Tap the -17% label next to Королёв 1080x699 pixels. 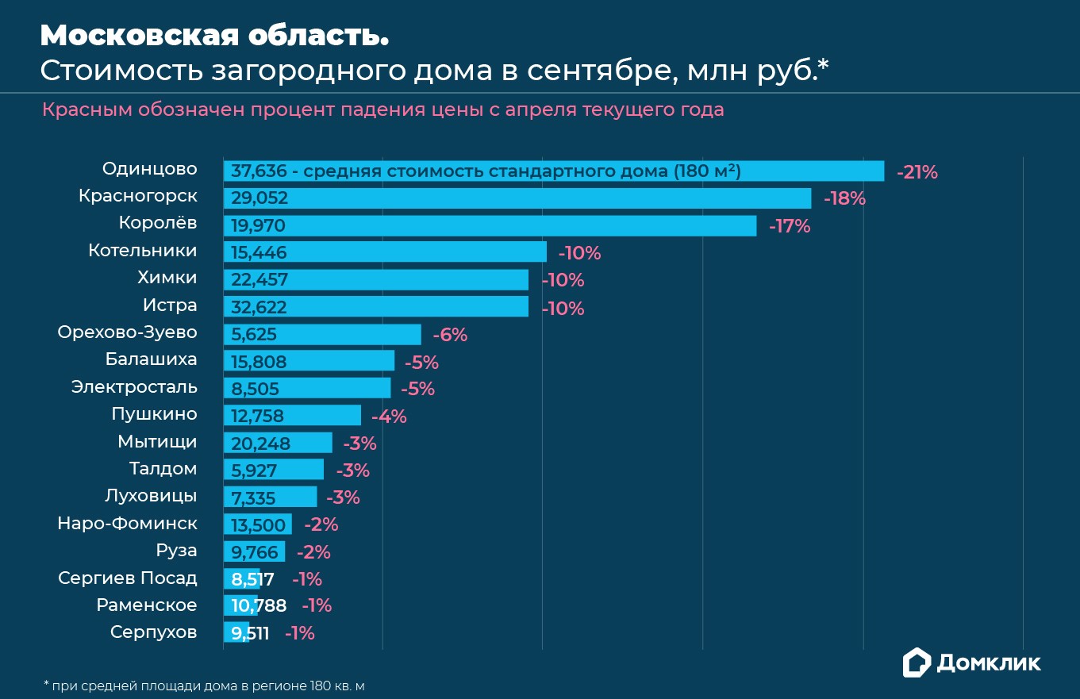(x=790, y=226)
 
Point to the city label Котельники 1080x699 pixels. (x=142, y=251)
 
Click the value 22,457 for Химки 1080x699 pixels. (x=259, y=280)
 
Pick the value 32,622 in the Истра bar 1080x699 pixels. (x=259, y=307)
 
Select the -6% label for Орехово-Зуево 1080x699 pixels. (x=450, y=335)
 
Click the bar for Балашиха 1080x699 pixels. (x=309, y=361)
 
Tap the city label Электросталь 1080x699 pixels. (x=134, y=387)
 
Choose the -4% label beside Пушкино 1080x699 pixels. (x=389, y=416)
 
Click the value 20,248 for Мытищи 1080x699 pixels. (x=261, y=444)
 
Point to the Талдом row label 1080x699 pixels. (x=163, y=469)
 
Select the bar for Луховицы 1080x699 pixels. (x=270, y=497)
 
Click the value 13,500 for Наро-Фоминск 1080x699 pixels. (x=259, y=525)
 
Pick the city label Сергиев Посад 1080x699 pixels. (x=128, y=578)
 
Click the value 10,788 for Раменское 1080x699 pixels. (x=259, y=606)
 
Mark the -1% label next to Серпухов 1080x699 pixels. (x=299, y=633)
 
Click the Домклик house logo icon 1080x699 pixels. (x=917, y=663)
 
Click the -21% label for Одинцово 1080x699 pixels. (x=917, y=172)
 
